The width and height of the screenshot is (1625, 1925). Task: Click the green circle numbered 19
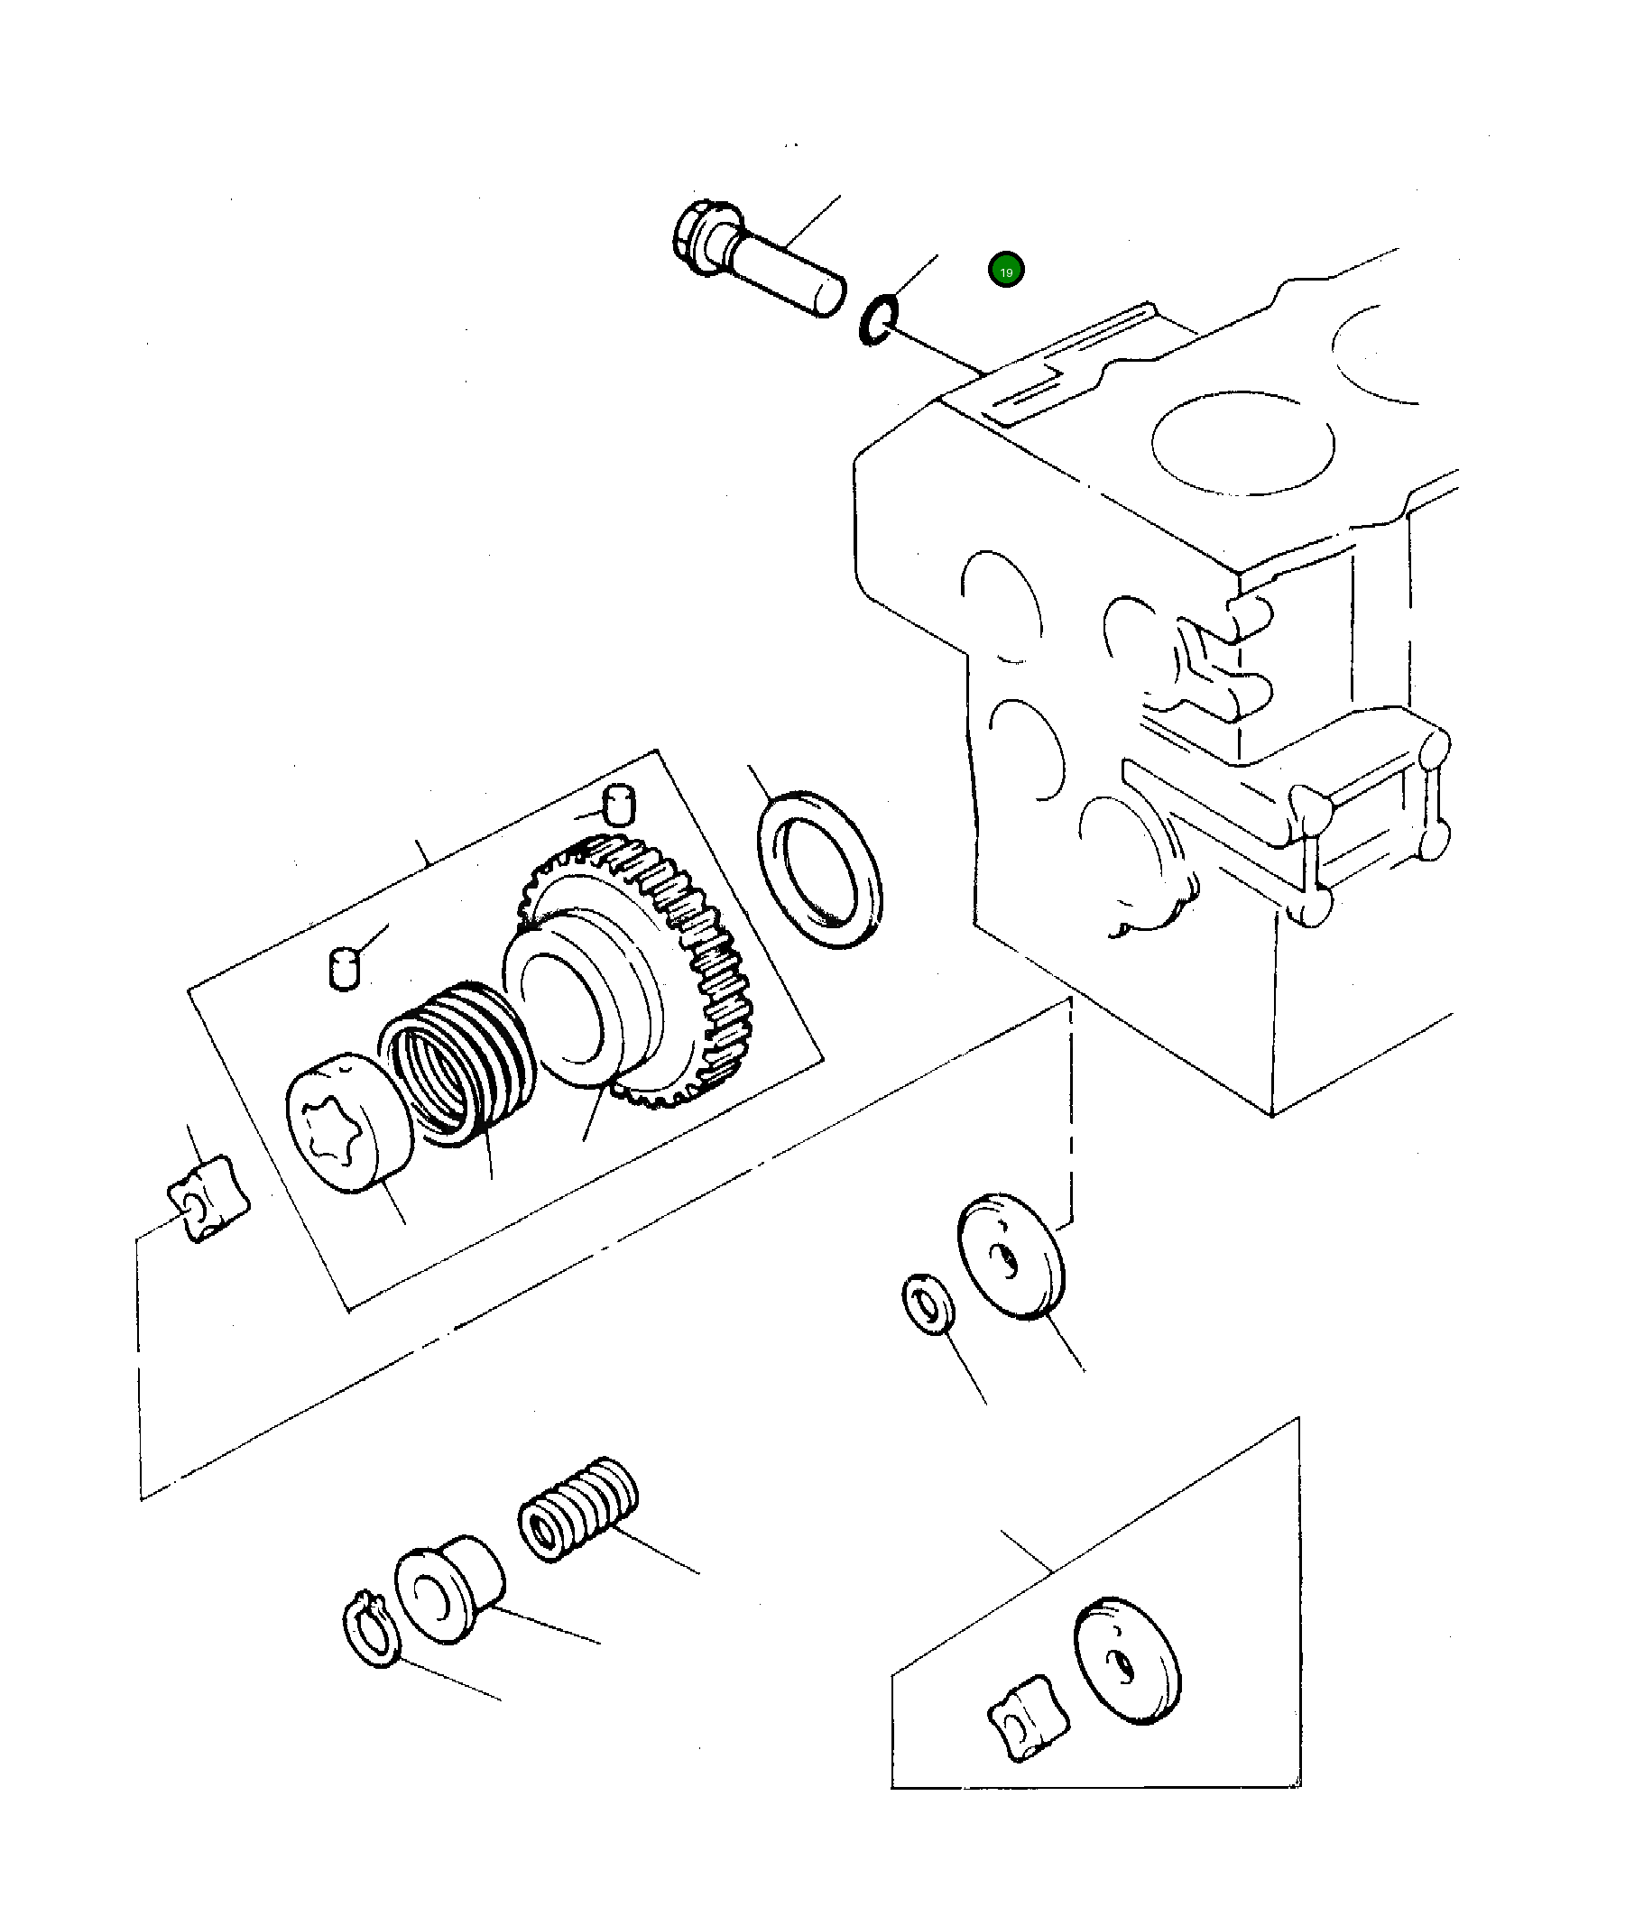tap(1005, 271)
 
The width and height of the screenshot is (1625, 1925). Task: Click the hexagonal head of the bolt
tap(700, 235)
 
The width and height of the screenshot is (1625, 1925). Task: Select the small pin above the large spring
tap(344, 971)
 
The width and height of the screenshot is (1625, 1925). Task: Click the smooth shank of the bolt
tap(792, 274)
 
